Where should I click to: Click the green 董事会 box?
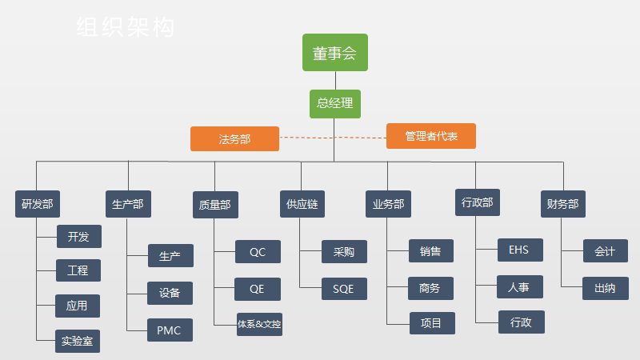tap(335, 53)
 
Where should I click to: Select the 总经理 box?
tap(335, 103)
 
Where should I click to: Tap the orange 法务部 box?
tap(234, 138)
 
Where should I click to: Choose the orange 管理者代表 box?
tap(431, 136)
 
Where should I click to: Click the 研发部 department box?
tap(38, 204)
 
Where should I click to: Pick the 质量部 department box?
tap(214, 205)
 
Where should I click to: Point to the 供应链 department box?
tap(302, 204)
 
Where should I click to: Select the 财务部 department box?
tap(562, 204)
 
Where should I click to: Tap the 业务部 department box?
tap(388, 204)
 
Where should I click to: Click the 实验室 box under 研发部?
tap(78, 341)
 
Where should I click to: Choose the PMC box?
tap(170, 330)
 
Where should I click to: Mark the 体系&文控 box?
tap(259, 324)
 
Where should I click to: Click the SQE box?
tap(343, 288)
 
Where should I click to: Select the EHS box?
tap(519, 250)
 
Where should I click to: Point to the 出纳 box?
tap(605, 288)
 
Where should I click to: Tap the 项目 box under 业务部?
tap(431, 323)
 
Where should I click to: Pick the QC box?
tap(258, 252)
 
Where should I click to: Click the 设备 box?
tap(170, 293)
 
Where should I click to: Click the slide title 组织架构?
tap(126, 28)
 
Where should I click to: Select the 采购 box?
tap(344, 251)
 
